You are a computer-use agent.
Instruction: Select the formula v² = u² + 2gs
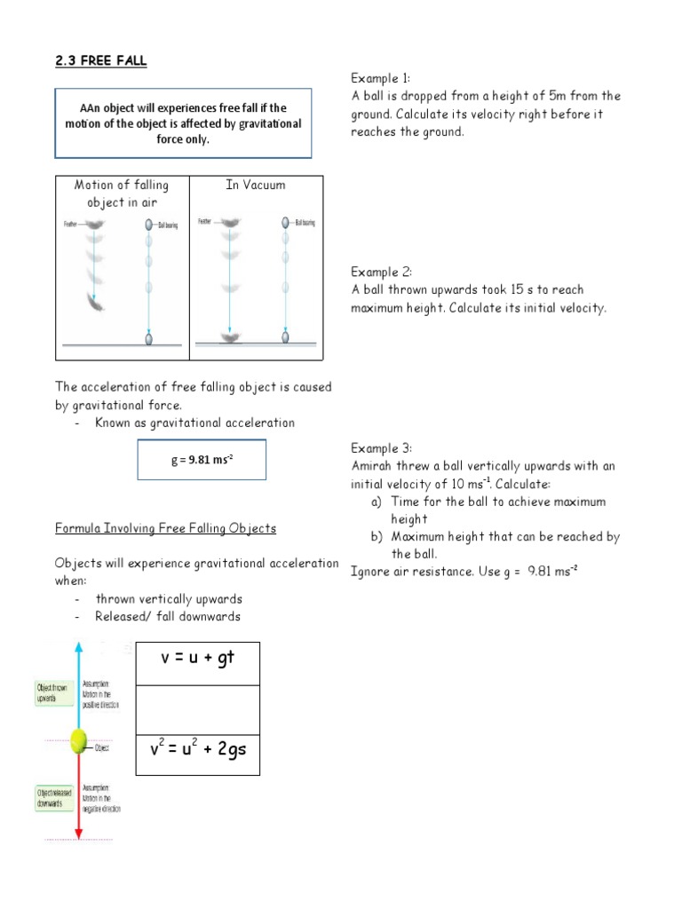[x=197, y=749]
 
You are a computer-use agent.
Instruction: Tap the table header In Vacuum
[x=256, y=185]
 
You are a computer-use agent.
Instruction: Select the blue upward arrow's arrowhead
[x=78, y=644]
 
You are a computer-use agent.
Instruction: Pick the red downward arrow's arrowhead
[x=78, y=834]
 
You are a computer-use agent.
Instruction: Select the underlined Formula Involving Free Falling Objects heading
[x=166, y=528]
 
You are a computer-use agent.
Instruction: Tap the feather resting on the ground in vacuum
[x=229, y=337]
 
